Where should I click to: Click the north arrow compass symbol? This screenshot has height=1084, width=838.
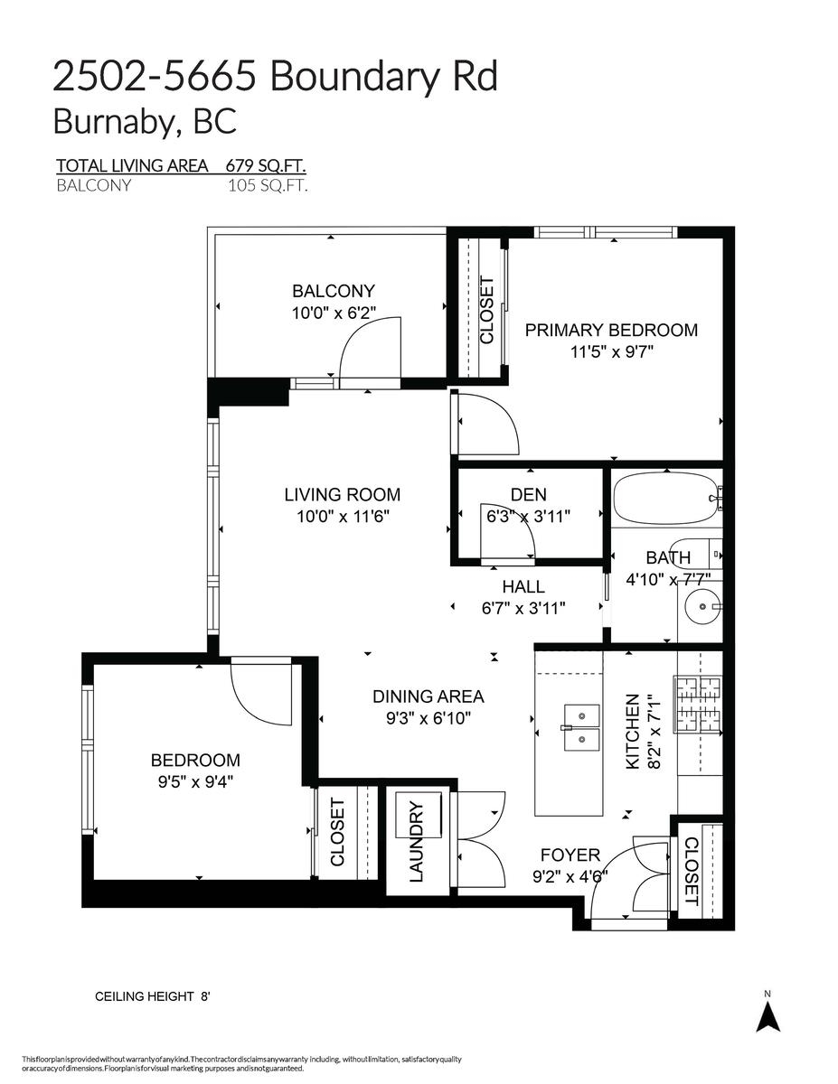click(x=767, y=1018)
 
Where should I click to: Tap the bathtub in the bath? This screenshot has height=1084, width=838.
click(x=664, y=498)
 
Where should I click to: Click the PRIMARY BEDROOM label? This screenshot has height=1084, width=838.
click(x=611, y=330)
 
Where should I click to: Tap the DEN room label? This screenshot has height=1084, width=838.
click(x=528, y=494)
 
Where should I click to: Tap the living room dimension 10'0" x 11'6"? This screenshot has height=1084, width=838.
click(x=342, y=516)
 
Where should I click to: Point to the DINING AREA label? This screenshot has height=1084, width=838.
click(x=428, y=696)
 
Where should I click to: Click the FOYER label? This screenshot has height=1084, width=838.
click(x=570, y=855)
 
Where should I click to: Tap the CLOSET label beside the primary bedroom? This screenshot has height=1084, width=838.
click(x=486, y=310)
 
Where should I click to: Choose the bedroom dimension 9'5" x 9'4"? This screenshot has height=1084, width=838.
click(x=195, y=780)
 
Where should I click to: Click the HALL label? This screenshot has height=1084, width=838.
click(x=523, y=587)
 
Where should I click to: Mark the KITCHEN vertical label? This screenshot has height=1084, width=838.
click(x=632, y=732)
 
